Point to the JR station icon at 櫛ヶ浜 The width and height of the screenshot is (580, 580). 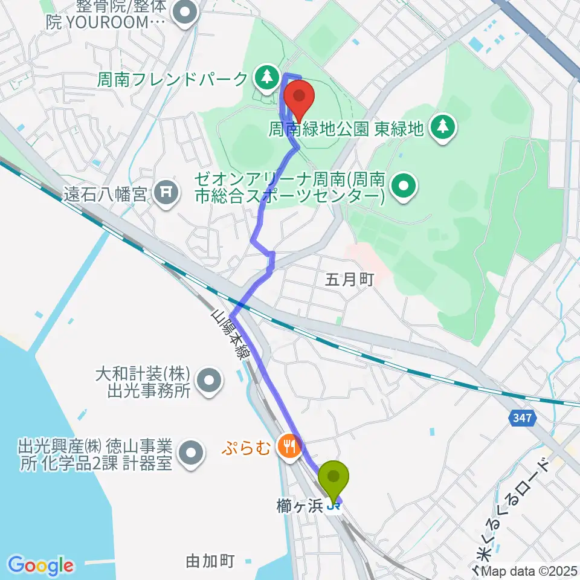click(x=332, y=506)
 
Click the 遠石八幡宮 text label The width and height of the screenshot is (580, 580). click(x=106, y=195)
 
